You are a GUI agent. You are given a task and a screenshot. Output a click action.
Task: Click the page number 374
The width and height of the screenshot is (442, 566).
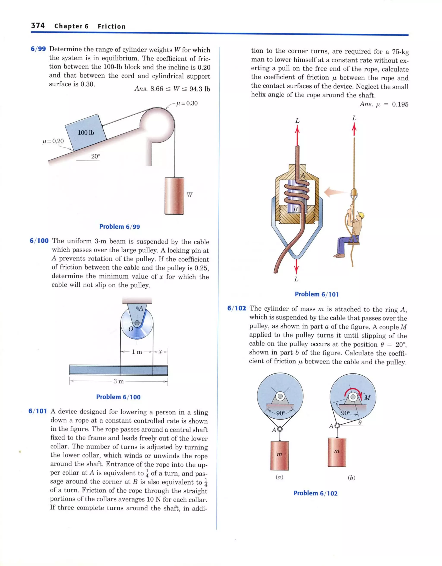[x=38, y=25]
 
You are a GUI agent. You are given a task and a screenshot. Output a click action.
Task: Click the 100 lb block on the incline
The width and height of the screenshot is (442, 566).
[x=86, y=132]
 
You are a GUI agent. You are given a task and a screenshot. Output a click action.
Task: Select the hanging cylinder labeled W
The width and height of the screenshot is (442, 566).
[x=174, y=196]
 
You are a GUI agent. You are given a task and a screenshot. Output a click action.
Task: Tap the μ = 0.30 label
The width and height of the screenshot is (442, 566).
[x=187, y=103]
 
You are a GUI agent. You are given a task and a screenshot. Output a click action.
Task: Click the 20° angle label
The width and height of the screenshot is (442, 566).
[x=95, y=156]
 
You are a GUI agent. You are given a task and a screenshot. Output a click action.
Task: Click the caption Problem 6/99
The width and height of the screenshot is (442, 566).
[x=120, y=227]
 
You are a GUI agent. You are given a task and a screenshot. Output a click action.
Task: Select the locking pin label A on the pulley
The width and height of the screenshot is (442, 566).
[x=141, y=308]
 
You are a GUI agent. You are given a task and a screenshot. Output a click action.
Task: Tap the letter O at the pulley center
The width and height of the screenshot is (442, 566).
[x=131, y=329]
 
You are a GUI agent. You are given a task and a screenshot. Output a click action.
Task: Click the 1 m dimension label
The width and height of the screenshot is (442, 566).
[x=137, y=352]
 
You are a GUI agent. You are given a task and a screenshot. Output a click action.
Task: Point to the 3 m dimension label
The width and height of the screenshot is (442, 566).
[x=118, y=381]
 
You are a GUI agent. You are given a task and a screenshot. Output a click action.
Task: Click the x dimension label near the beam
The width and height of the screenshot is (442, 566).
[x=160, y=352]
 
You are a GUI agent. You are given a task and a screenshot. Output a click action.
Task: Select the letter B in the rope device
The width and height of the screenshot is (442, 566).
[x=295, y=209]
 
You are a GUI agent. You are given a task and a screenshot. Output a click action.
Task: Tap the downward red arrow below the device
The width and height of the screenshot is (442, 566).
[x=297, y=268]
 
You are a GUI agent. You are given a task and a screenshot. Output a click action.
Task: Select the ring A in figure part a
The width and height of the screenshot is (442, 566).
[x=279, y=429]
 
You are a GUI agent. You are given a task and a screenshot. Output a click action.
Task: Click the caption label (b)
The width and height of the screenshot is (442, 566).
[x=351, y=478]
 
